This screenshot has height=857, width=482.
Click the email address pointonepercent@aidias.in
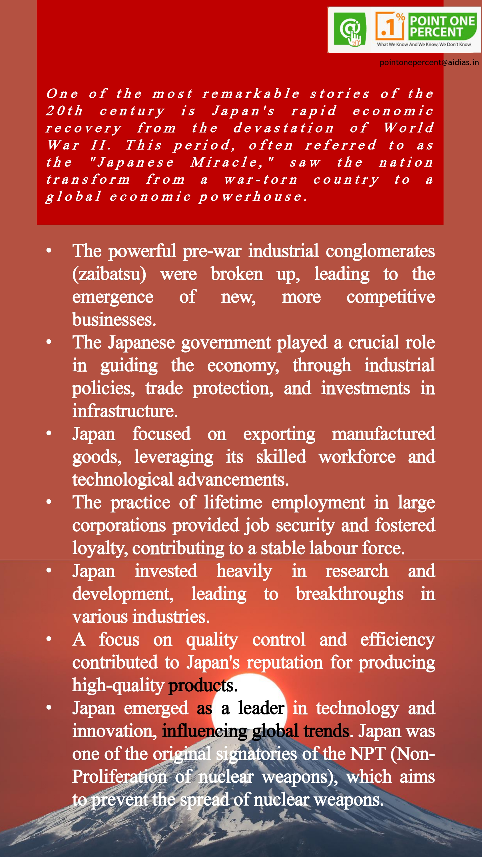click(x=429, y=63)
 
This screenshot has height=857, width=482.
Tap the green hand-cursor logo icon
click(x=350, y=29)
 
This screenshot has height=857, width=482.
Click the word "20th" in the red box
click(x=64, y=111)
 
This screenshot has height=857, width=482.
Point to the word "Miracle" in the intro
click(x=231, y=162)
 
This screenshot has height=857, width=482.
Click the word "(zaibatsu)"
click(x=109, y=274)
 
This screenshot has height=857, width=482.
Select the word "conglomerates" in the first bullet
click(x=380, y=251)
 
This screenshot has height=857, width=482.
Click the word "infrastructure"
click(x=125, y=411)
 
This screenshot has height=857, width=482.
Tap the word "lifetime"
click(x=233, y=502)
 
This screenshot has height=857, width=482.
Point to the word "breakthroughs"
click(x=349, y=594)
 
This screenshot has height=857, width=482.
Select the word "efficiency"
click(x=397, y=640)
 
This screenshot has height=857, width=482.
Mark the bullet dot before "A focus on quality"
click(x=49, y=639)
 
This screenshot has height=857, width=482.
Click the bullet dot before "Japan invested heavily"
click(x=49, y=570)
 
